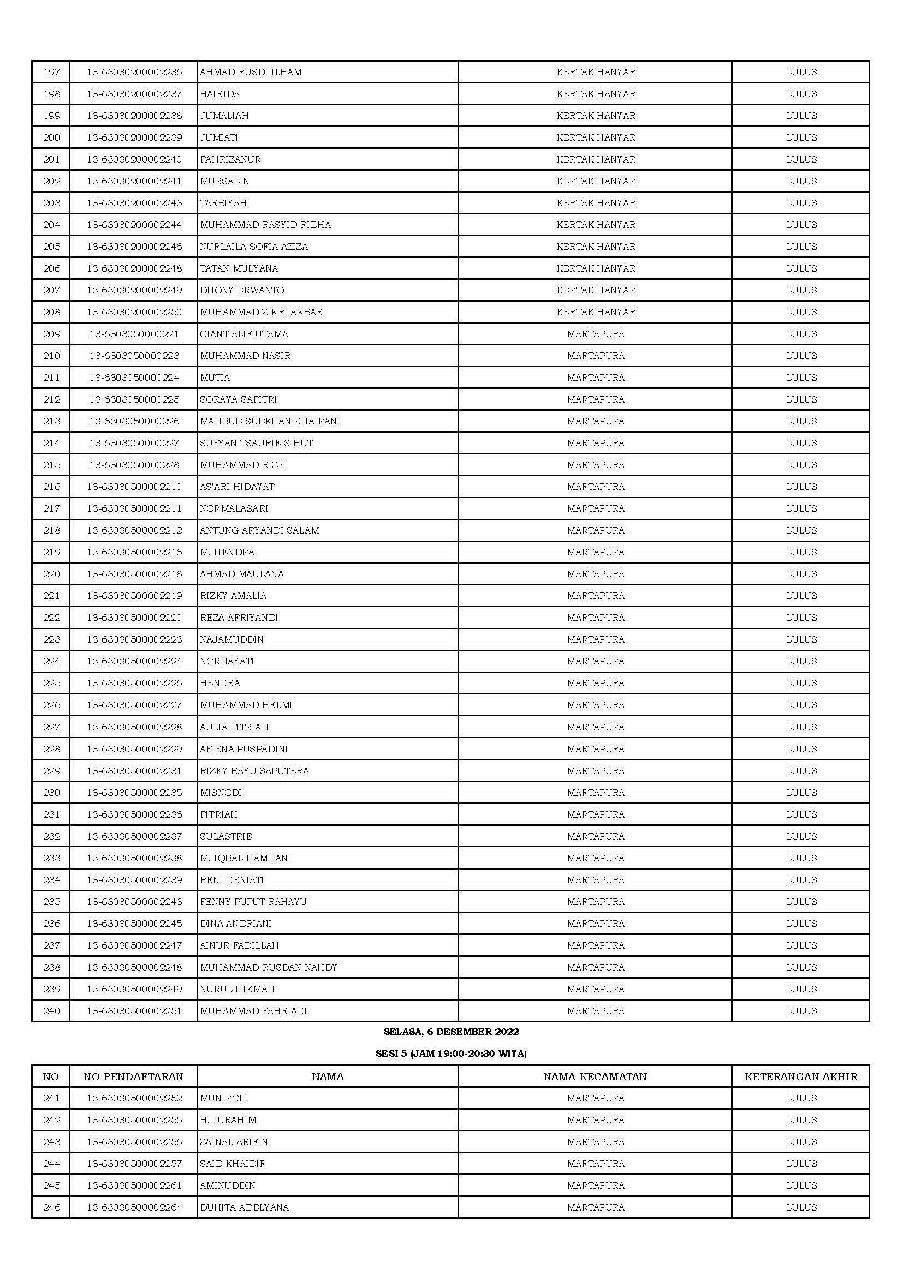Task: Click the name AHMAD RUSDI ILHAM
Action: [x=251, y=72]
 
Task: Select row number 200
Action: [x=51, y=137]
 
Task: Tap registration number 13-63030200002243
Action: [x=134, y=203]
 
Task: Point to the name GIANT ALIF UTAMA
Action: [x=244, y=334]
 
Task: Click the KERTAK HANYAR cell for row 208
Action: [x=596, y=313]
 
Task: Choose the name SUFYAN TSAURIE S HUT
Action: [x=257, y=443]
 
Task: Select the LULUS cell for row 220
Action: [x=801, y=574]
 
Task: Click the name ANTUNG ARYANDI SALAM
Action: [x=260, y=530]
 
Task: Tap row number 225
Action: [x=51, y=683]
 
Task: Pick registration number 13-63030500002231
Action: [x=134, y=771]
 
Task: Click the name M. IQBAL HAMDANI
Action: [x=245, y=858]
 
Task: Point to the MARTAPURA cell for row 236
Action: [x=596, y=924]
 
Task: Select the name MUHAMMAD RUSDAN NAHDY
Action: [x=269, y=968]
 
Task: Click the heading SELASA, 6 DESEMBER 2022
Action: [x=451, y=1032]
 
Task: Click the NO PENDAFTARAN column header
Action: [x=133, y=1076]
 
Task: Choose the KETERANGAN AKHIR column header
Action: [x=801, y=1076]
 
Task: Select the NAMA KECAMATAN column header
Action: [x=595, y=1076]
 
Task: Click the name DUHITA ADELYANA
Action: [x=245, y=1207]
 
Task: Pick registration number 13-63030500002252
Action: [x=134, y=1098]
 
